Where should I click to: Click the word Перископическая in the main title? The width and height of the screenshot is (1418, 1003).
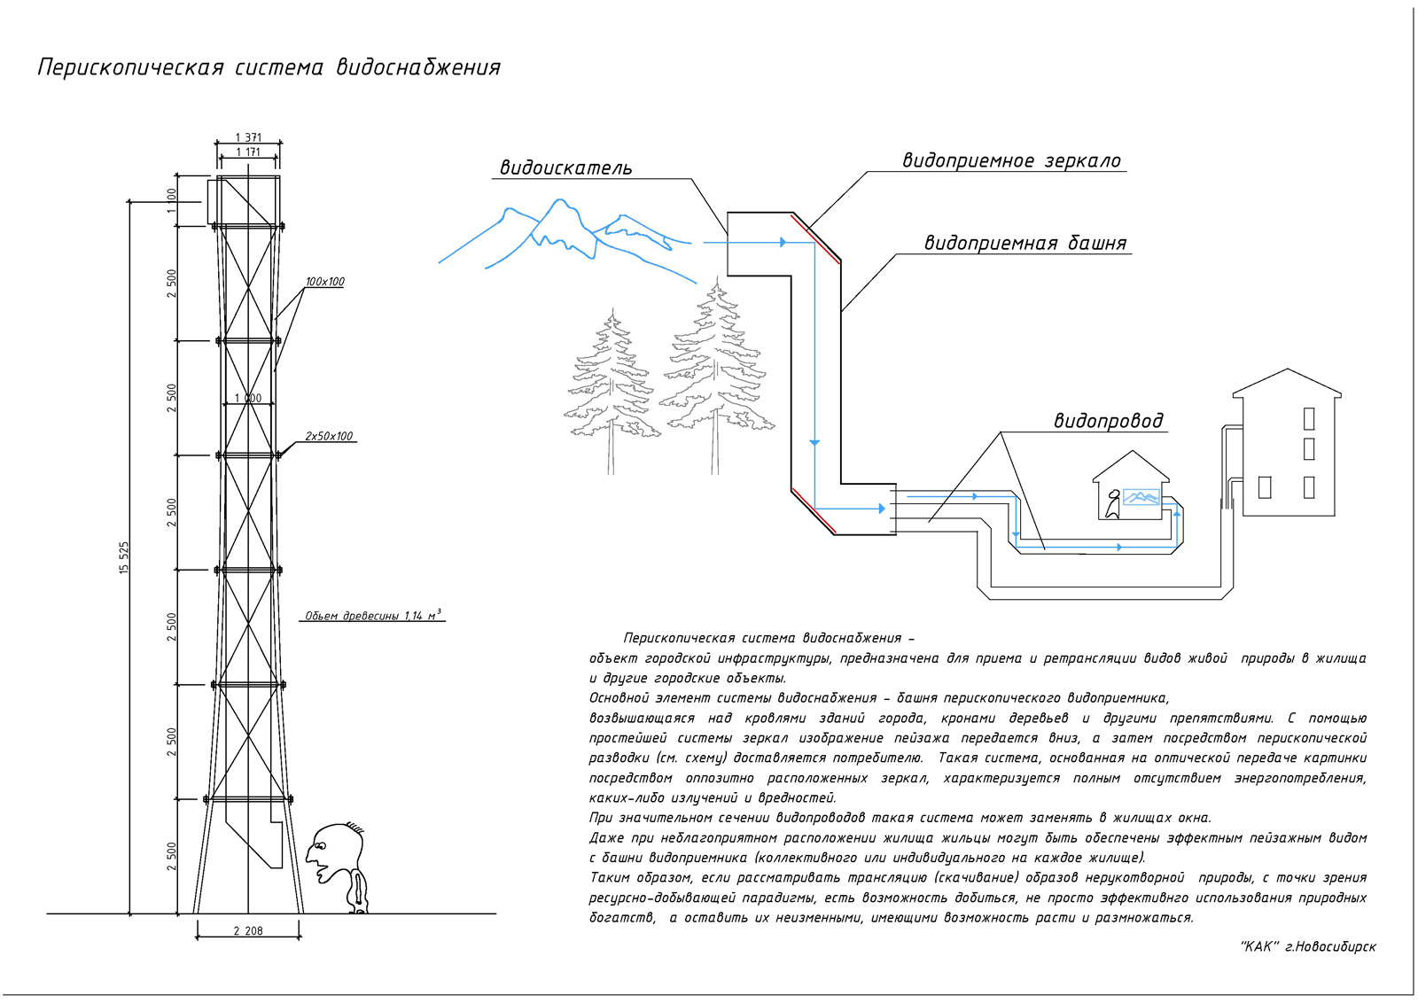(x=130, y=67)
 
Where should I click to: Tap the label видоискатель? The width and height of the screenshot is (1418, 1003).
(x=566, y=167)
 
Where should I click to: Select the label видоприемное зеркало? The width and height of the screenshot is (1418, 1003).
(x=1011, y=160)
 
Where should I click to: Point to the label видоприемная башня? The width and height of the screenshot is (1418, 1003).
(x=1025, y=243)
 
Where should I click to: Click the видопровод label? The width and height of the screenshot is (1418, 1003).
(x=1109, y=421)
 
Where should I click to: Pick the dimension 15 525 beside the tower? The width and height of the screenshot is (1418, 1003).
(x=124, y=557)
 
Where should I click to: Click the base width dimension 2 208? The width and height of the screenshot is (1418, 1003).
(x=248, y=931)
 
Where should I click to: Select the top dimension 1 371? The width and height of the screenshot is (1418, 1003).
(x=248, y=137)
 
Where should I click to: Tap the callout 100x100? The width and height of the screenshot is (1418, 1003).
(x=324, y=282)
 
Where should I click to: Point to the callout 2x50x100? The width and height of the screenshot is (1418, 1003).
(x=329, y=436)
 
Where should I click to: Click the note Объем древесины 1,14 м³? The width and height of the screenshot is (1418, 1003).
(x=373, y=615)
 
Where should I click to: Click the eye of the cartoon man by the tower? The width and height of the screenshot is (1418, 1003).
(x=320, y=845)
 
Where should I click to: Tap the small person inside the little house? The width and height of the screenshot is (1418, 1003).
(x=1112, y=504)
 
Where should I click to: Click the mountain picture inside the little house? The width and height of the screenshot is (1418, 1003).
(x=1141, y=497)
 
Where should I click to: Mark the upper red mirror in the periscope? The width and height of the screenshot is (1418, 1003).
(x=814, y=238)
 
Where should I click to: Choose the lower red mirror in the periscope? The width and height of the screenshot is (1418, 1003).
(x=814, y=510)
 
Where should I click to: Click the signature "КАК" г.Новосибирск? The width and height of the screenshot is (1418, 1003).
(x=1308, y=946)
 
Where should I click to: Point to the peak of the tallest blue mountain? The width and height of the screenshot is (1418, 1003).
(x=559, y=200)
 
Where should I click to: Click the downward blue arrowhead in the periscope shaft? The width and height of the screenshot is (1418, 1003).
(x=814, y=442)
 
